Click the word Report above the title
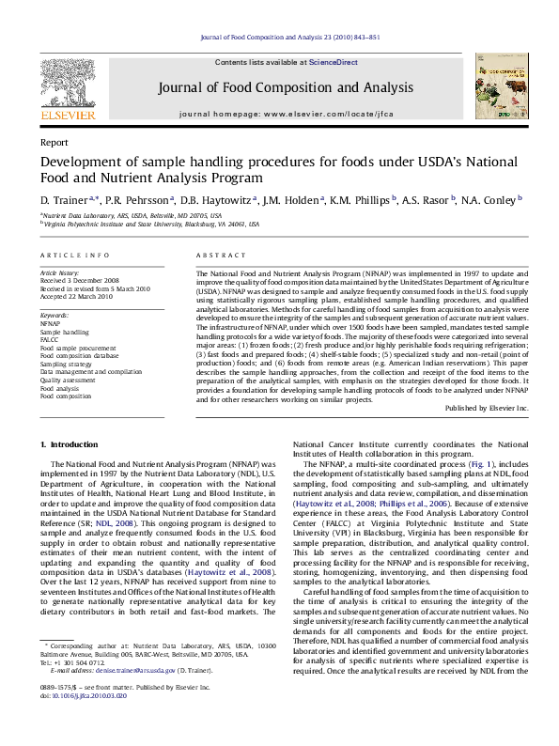pyautogui.click(x=54, y=142)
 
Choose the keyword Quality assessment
pyautogui.click(x=68, y=381)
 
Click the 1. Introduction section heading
pyautogui.click(x=71, y=443)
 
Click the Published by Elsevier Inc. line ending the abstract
pyautogui.click(x=486, y=409)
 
